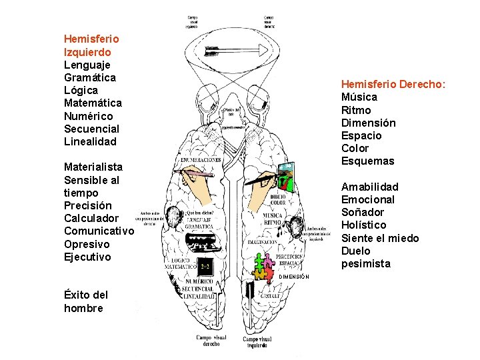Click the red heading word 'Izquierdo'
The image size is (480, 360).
pyautogui.click(x=87, y=52)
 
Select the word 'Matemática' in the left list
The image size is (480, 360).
pyautogui.click(x=93, y=103)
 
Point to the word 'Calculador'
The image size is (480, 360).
pyautogui.click(x=91, y=218)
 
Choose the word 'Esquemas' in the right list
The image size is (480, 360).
pyautogui.click(x=368, y=161)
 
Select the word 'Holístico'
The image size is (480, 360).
pyautogui.click(x=364, y=225)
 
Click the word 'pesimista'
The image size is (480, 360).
pyautogui.click(x=366, y=263)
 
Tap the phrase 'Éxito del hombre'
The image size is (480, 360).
pyautogui.click(x=85, y=301)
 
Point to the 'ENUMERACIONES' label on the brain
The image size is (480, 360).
pyautogui.click(x=199, y=161)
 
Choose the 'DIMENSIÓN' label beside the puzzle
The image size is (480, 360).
pyautogui.click(x=294, y=275)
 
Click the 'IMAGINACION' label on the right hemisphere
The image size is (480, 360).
pyautogui.click(x=263, y=243)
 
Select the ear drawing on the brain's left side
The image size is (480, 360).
pyautogui.click(x=174, y=218)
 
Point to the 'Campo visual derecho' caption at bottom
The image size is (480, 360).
pyautogui.click(x=211, y=341)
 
